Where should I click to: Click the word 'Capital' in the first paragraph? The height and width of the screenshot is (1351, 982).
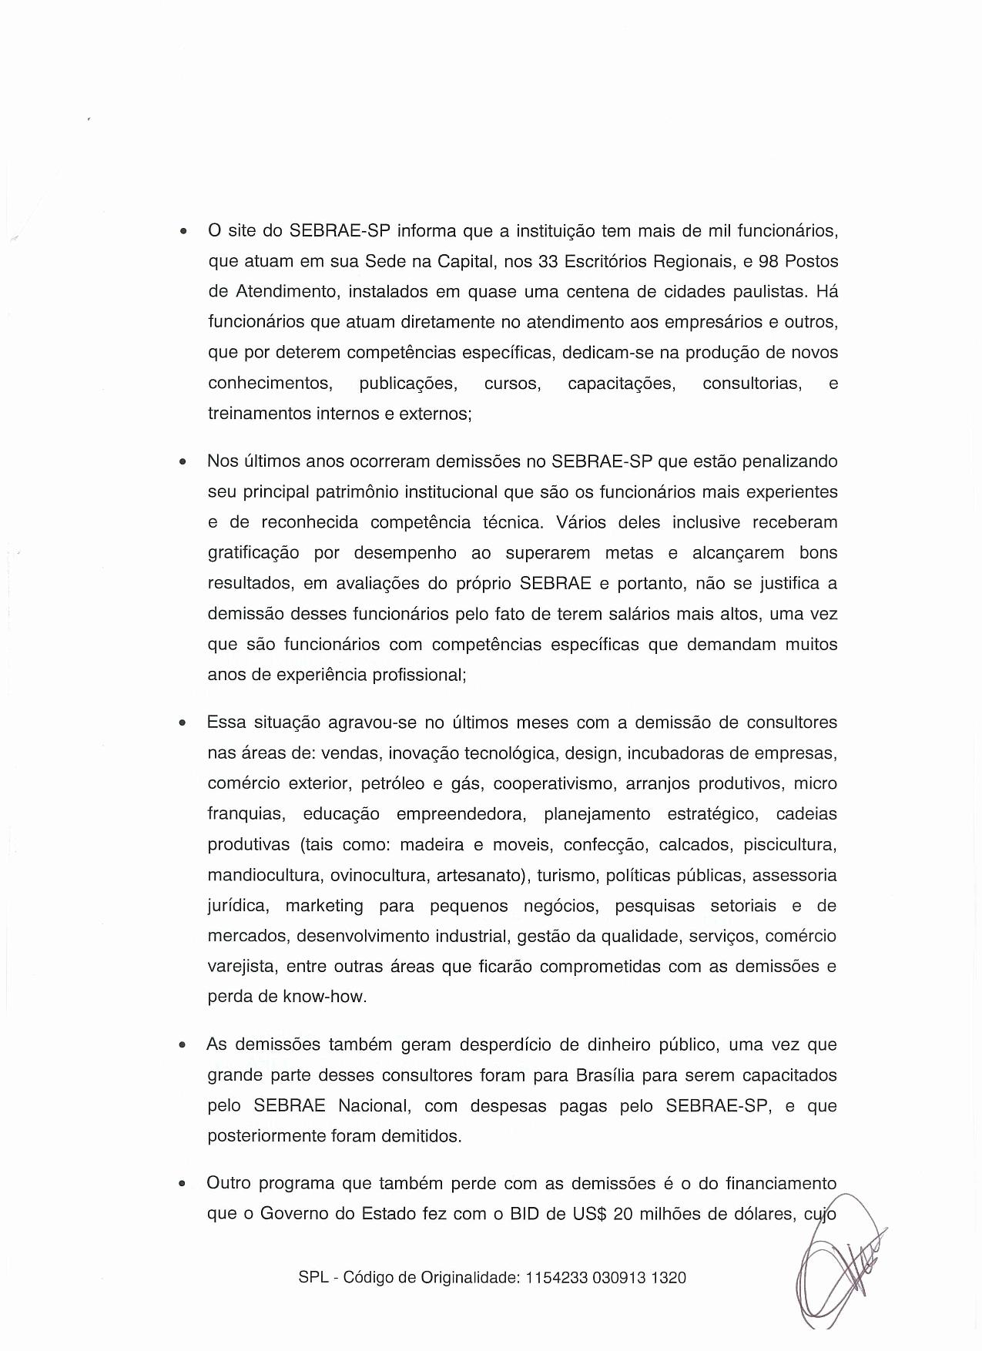(x=464, y=261)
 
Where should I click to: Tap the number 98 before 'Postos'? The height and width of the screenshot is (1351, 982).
(x=769, y=261)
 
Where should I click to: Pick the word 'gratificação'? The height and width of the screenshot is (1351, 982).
(x=254, y=553)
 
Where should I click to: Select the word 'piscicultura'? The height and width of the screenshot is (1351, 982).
(x=789, y=844)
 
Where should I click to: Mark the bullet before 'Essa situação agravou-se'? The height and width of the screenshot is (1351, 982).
(x=182, y=724)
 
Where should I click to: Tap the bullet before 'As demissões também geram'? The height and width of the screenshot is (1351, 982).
(x=182, y=1046)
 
